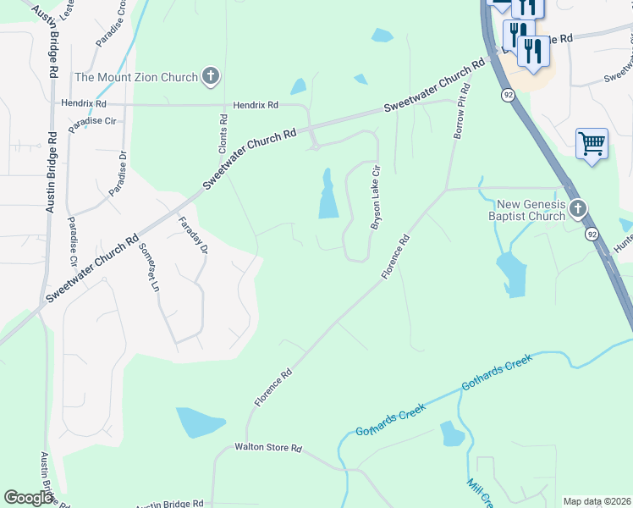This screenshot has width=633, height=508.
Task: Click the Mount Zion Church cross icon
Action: coord(211,77)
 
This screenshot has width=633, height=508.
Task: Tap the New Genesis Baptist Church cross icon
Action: coord(577,208)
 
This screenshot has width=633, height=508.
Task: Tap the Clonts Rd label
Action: coord(224,133)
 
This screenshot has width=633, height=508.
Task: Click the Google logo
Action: coord(28,498)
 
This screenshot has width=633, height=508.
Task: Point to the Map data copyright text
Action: coord(597,501)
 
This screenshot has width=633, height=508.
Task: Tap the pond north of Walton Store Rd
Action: coord(200,422)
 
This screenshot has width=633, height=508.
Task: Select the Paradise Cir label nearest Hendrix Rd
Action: coord(92,121)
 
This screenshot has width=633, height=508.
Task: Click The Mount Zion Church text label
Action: coord(135,77)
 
